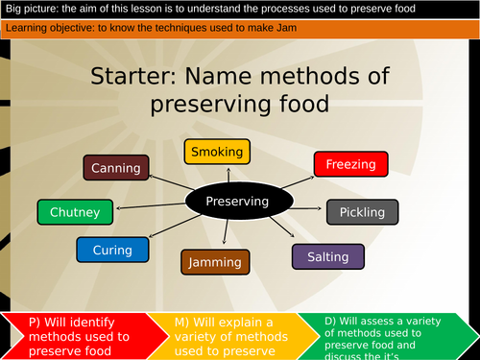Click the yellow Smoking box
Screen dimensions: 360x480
coord(217,152)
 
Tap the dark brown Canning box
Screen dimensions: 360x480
coord(116,168)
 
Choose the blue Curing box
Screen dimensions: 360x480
coord(112,250)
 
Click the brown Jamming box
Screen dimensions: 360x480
coord(214,261)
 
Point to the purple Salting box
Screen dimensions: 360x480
coord(327,256)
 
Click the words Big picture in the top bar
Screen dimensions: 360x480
coord(33,9)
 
